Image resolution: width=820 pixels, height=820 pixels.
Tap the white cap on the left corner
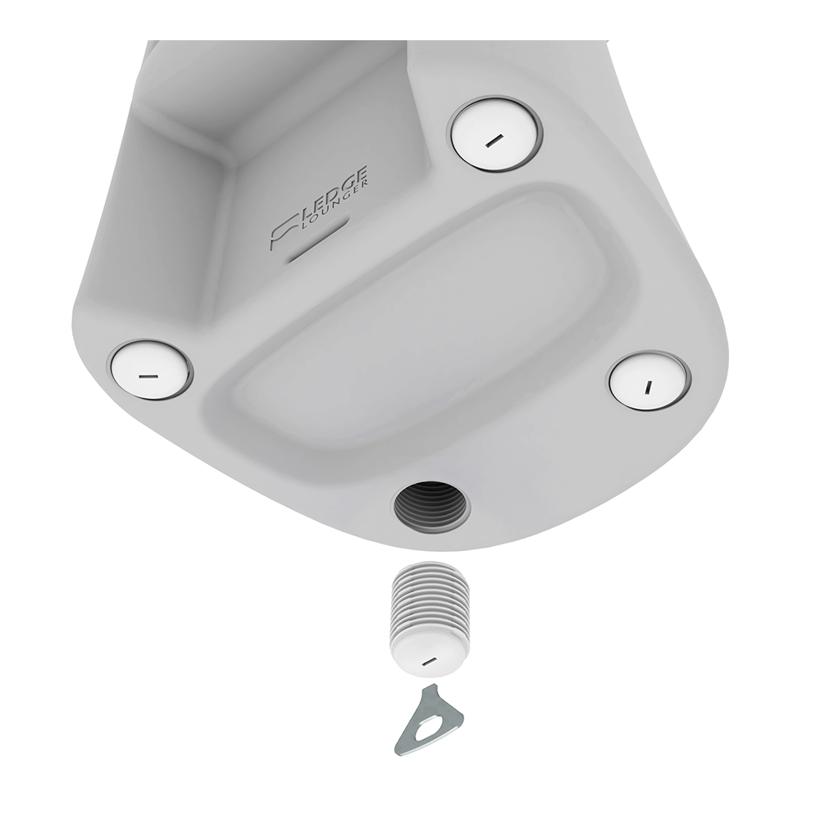150,370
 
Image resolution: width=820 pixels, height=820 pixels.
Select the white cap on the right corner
648,380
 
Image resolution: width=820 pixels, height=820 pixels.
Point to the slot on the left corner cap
148,376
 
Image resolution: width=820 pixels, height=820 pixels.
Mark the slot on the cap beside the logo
493,141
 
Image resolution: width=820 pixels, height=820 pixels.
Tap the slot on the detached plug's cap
426,660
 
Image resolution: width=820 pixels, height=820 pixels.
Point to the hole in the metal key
432,726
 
